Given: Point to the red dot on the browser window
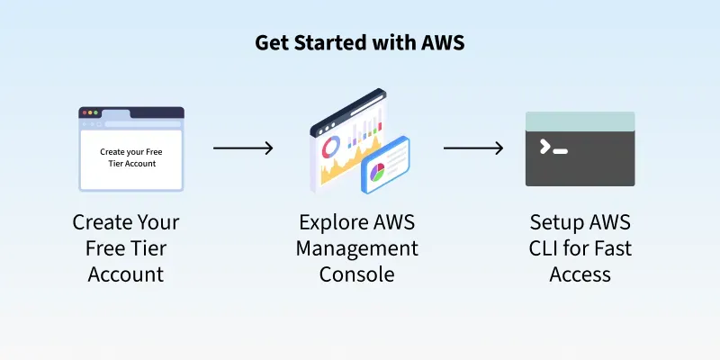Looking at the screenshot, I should (85, 113).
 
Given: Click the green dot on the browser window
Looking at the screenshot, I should (97, 113).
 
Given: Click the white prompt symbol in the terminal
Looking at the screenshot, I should (545, 147).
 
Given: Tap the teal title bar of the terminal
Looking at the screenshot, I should (580, 120).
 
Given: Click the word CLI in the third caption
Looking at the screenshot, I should (547, 247).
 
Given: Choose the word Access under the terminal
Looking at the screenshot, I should (580, 274).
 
